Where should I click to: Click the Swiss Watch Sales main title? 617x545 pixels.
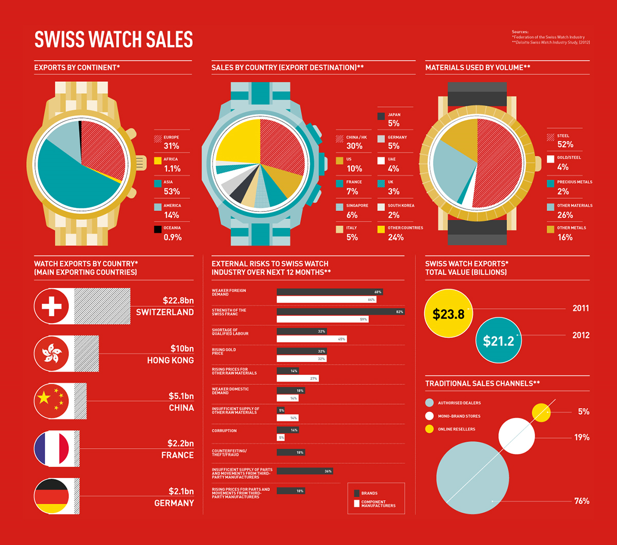click(113, 40)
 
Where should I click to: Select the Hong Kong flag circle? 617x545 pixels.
click(51, 354)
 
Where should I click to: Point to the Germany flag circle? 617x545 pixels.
click(51, 496)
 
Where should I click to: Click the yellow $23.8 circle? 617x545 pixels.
click(448, 313)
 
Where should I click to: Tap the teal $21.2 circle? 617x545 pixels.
click(499, 340)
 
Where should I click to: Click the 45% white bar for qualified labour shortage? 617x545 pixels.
click(312, 339)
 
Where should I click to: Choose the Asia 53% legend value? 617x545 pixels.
click(172, 191)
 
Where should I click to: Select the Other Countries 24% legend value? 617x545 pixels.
click(395, 237)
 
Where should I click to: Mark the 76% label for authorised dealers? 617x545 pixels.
click(582, 501)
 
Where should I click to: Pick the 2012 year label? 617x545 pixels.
click(581, 335)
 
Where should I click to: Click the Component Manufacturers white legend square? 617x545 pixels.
click(356, 503)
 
